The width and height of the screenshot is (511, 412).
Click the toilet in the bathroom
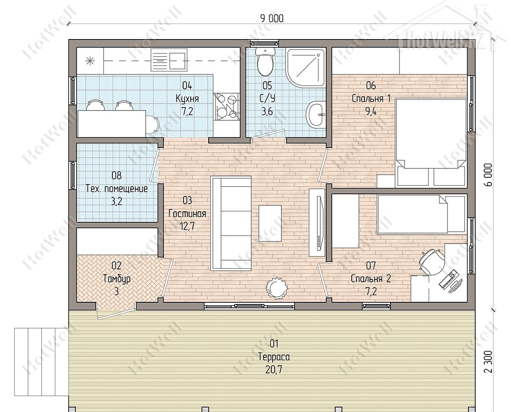(x=265, y=61)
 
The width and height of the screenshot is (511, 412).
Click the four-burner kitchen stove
(x=227, y=106)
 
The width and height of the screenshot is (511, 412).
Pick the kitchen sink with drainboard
(x=169, y=60)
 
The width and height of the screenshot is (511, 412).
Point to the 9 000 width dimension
(x=272, y=19)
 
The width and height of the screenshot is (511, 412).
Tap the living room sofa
(x=231, y=224)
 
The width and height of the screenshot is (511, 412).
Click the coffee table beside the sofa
(x=270, y=223)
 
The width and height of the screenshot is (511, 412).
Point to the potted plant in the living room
(x=277, y=288)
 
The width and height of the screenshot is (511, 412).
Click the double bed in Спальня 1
(x=431, y=143)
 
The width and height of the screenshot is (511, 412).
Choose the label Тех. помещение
(x=117, y=189)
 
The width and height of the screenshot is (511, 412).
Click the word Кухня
(x=187, y=99)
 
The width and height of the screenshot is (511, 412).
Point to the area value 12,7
(x=187, y=226)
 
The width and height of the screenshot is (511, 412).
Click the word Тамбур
(x=117, y=279)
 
